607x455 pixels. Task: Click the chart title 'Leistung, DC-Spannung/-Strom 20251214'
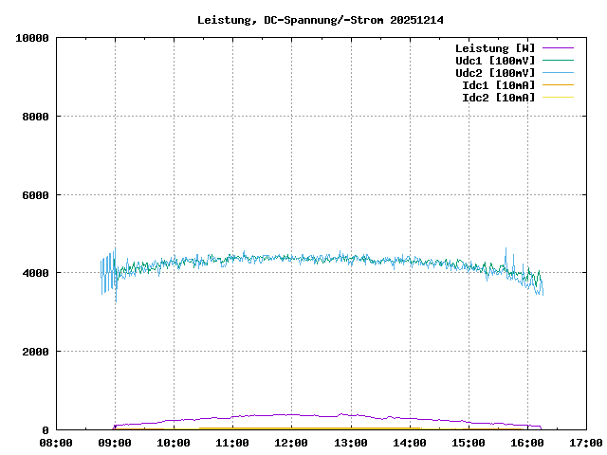(x=321, y=20)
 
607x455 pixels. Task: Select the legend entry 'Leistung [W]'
(x=495, y=47)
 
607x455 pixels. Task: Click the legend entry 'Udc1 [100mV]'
(x=495, y=60)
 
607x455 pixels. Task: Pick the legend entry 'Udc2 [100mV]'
(x=495, y=72)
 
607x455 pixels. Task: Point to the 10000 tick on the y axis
(x=32, y=38)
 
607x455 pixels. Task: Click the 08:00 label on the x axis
(x=56, y=443)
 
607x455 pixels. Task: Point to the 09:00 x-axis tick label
(x=115, y=443)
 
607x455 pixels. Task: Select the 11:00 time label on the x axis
(x=232, y=443)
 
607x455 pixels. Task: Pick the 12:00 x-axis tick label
(x=291, y=443)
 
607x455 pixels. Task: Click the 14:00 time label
(x=409, y=443)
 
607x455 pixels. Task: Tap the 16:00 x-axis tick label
(x=526, y=443)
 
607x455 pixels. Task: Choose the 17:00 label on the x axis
(x=585, y=443)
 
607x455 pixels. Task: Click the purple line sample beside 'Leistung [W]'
(x=559, y=47)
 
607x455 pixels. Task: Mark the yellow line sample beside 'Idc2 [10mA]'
(x=559, y=97)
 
